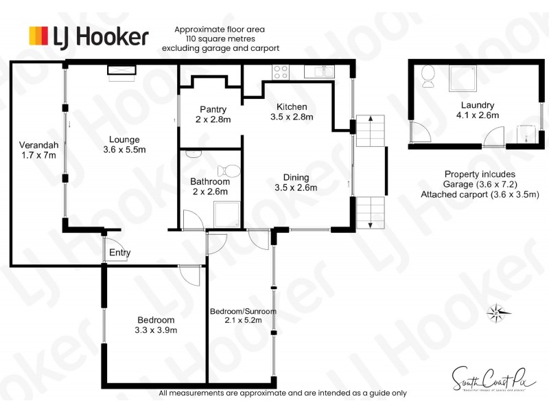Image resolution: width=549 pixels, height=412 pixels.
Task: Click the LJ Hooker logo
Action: [88, 36]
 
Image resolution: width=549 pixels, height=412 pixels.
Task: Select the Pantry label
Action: [213, 109]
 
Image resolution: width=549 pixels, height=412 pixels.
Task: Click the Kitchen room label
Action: [292, 107]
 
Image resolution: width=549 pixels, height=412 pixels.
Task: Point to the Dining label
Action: [296, 177]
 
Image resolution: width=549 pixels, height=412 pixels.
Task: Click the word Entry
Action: [119, 253]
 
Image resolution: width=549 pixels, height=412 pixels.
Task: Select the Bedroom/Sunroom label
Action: [243, 311]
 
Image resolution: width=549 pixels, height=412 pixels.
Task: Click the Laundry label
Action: [477, 105]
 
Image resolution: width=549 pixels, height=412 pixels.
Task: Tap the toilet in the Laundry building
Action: [428, 76]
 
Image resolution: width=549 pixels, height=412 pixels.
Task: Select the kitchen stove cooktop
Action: [281, 69]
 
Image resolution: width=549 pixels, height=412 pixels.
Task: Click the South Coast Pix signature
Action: [484, 377]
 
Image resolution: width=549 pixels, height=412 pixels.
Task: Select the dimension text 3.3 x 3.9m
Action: [156, 330]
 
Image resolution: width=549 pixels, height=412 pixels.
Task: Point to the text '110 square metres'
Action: [220, 39]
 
